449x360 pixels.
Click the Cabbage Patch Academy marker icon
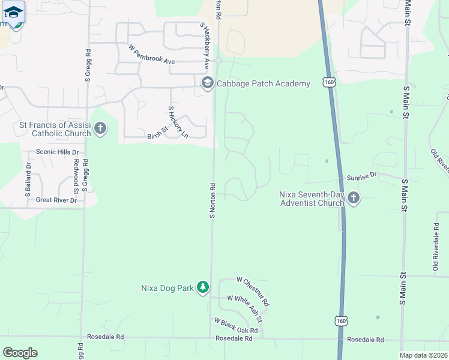(x=208, y=83)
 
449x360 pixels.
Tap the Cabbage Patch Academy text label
(x=264, y=83)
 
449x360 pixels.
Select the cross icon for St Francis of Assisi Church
(x=100, y=128)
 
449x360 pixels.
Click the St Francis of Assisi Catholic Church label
(x=55, y=129)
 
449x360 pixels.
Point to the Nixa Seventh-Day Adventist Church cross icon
(x=354, y=197)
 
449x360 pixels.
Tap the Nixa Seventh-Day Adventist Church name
(x=312, y=198)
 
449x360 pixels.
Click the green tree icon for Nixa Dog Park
(x=203, y=288)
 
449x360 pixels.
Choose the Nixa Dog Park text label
(x=167, y=288)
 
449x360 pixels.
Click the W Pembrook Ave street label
(x=151, y=53)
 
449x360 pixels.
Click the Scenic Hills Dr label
(x=58, y=152)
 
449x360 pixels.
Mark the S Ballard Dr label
(x=28, y=181)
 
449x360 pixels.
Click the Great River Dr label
(x=56, y=200)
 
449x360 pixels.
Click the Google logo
(x=20, y=352)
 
